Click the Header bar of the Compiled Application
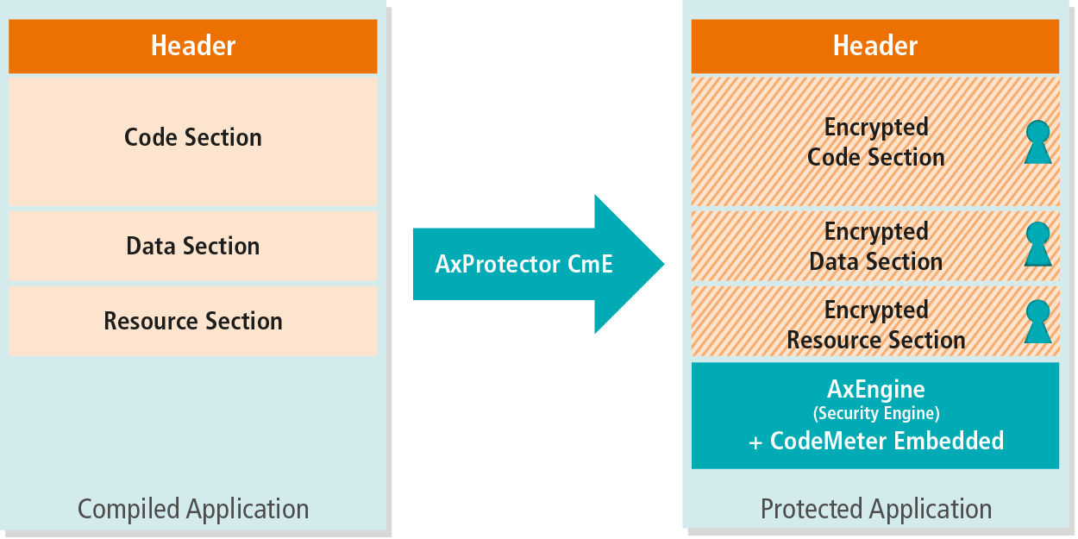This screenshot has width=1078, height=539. [193, 47]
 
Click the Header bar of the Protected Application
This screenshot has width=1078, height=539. [875, 47]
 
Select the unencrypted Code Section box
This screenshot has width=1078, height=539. [193, 142]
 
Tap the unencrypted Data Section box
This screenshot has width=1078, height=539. [193, 246]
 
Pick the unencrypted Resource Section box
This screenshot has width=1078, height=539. [193, 321]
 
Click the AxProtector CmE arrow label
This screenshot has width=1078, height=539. [523, 264]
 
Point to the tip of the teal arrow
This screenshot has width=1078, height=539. [665, 264]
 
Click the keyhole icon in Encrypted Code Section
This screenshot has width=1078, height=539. [1038, 142]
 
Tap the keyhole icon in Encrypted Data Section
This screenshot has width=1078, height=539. [1038, 244]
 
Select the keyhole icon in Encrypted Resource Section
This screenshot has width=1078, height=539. [1038, 322]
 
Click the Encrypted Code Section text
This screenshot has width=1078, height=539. [876, 142]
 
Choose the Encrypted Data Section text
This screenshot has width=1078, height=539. [876, 247]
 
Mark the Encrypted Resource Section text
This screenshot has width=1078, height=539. [876, 325]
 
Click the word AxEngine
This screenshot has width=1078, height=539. [876, 389]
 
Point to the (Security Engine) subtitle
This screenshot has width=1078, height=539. [876, 413]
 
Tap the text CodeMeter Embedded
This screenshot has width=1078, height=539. [887, 441]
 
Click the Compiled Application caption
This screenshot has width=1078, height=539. [193, 509]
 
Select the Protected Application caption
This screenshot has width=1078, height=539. [876, 509]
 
